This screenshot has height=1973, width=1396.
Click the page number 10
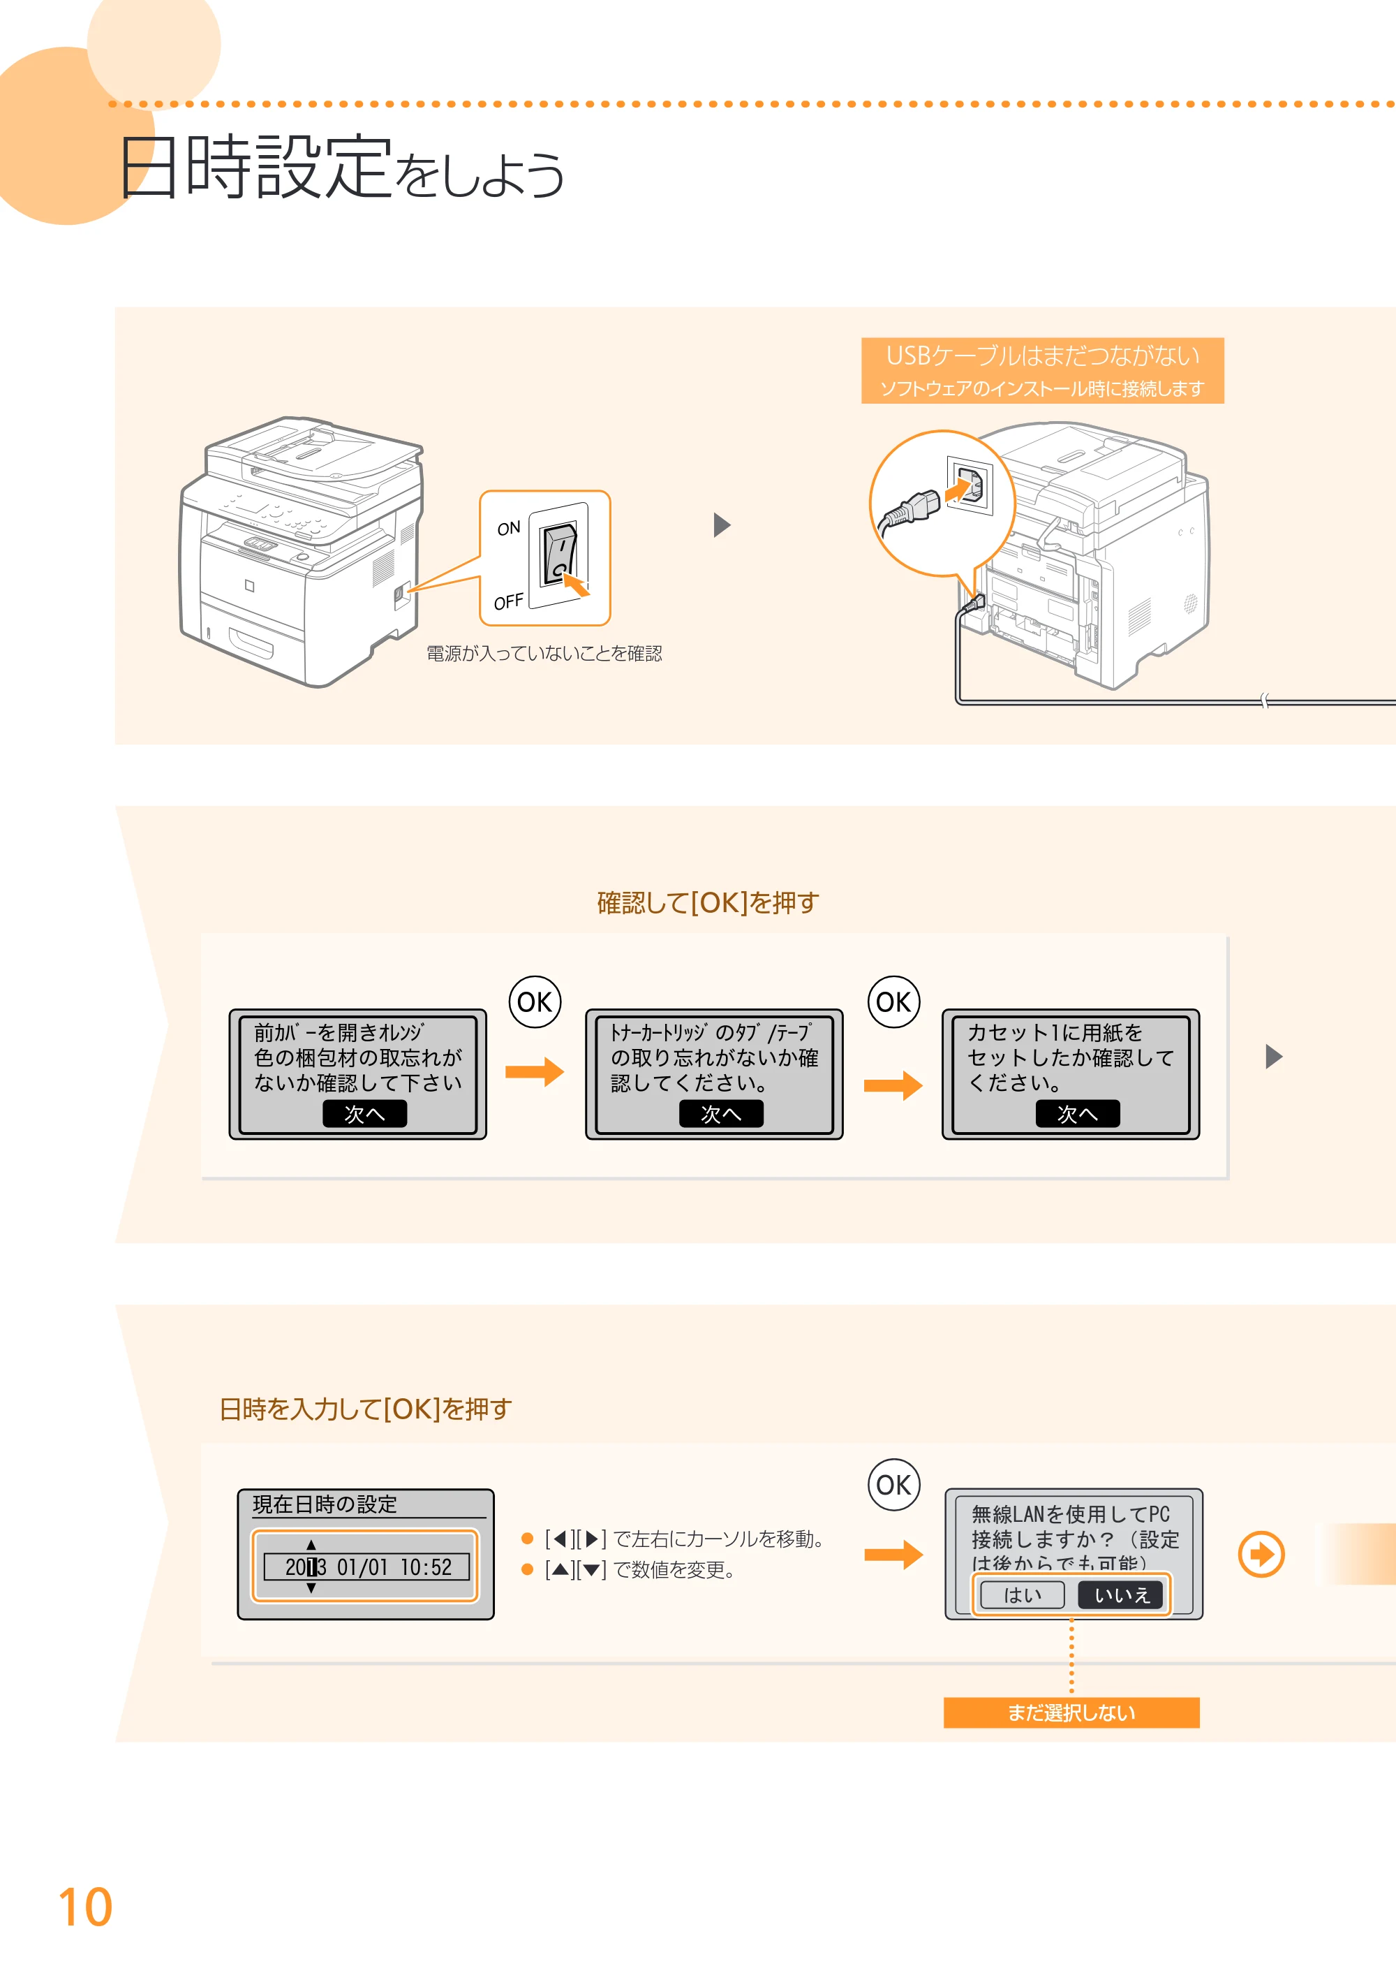coord(85,1906)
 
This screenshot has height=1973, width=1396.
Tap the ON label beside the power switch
coord(509,528)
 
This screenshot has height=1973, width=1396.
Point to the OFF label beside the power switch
coord(508,601)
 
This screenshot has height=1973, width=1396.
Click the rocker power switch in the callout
coord(558,554)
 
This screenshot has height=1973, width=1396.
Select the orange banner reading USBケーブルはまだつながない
coord(1042,371)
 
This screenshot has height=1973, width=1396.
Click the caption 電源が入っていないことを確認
coord(544,654)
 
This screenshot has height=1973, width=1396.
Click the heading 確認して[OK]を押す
coord(708,902)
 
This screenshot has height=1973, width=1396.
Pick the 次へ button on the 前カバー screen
coord(364,1114)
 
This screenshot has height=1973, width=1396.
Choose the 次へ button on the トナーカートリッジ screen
coord(721,1114)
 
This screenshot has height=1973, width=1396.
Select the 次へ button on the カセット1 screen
coord(1077,1114)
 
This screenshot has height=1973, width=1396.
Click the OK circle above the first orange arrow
coord(535,1002)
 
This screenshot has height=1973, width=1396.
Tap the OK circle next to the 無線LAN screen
coord(894,1485)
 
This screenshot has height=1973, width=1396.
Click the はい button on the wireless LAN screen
coord(1022,1594)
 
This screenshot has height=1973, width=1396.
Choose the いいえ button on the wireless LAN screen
coord(1121,1594)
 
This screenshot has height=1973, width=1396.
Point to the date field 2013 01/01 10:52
coord(366,1567)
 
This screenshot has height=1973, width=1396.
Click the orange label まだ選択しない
coord(1071,1712)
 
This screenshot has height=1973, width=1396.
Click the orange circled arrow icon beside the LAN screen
coord(1261,1554)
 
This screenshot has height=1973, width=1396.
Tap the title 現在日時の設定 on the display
coord(325,1504)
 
